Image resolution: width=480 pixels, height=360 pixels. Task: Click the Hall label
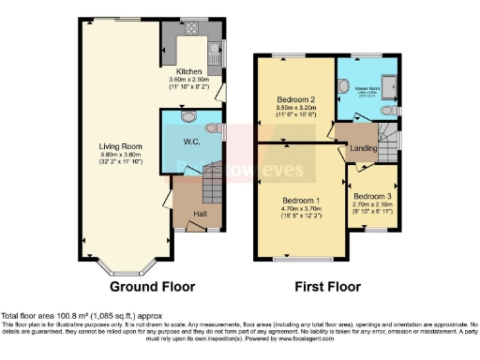tap(200, 214)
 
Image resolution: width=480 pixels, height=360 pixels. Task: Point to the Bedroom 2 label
tap(294, 99)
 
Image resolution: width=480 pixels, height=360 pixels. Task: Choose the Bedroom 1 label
tap(303, 201)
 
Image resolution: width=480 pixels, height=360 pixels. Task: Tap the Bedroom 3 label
tap(371, 197)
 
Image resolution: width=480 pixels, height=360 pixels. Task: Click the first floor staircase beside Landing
tap(386, 143)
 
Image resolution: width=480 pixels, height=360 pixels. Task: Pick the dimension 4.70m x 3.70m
tap(303, 209)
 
